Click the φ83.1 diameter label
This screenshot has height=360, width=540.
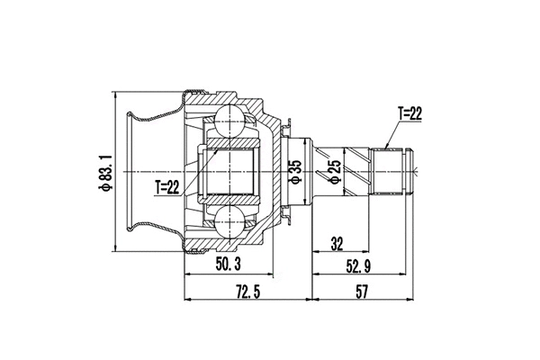(x=105, y=172)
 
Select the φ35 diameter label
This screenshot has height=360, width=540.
(x=293, y=171)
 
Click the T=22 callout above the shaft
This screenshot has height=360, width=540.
(x=409, y=113)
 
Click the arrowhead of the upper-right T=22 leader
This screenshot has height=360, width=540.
(x=385, y=147)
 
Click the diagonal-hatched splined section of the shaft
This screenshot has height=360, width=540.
(x=355, y=170)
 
